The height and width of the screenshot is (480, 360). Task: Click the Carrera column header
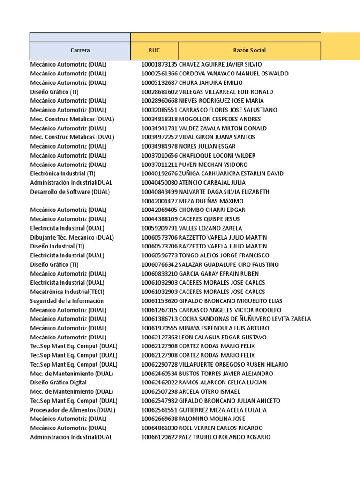click(80, 51)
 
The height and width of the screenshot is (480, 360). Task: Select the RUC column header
click(154, 51)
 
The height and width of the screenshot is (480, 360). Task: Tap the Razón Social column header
click(249, 51)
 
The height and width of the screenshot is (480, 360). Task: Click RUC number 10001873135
click(159, 64)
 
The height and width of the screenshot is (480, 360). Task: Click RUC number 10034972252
click(159, 137)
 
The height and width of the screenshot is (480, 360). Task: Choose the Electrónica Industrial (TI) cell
click(63, 173)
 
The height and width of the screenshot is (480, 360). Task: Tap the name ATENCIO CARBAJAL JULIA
click(212, 183)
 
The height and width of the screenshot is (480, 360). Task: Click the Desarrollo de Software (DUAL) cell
click(70, 192)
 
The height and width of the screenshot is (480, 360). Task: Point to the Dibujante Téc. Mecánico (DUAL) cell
click(72, 237)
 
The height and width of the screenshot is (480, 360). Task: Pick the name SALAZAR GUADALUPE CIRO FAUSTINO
click(229, 264)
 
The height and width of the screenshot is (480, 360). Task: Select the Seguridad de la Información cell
click(67, 301)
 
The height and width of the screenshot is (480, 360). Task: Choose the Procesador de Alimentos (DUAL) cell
click(73, 410)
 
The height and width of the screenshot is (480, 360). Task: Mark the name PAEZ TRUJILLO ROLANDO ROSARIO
click(225, 437)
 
